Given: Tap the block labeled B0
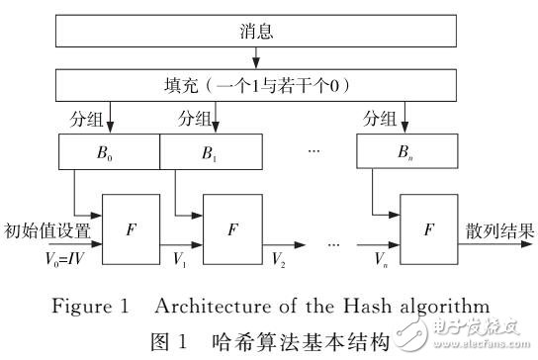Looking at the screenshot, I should (109, 153).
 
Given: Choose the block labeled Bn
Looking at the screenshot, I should (406, 153).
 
